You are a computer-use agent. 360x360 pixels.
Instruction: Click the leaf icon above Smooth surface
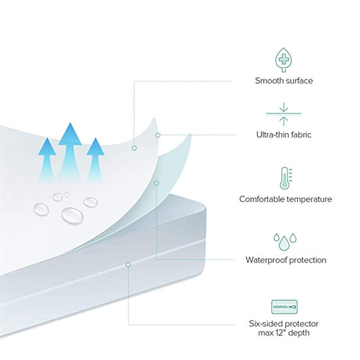283,58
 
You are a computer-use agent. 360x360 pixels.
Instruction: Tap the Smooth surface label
283,80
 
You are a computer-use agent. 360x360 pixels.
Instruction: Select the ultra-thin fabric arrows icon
283,114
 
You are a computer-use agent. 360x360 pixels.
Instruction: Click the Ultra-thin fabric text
283,134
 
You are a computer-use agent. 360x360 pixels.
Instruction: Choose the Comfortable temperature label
285,199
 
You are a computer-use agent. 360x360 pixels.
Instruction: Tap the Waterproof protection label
285,260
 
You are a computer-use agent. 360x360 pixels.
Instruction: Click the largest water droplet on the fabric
72,214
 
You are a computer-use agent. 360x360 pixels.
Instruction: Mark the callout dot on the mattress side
128,264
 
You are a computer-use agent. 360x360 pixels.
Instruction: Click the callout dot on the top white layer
134,148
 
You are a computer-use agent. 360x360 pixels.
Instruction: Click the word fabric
299,134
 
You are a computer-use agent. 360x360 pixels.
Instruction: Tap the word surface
299,80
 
